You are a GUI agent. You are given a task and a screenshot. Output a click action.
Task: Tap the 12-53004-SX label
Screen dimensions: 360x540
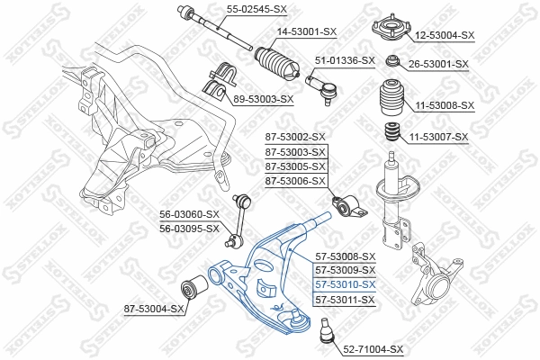click(x=444, y=35)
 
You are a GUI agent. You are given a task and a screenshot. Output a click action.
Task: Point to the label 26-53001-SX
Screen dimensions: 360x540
click(x=439, y=64)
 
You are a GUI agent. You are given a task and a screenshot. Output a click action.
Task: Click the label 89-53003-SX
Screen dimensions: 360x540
click(x=264, y=99)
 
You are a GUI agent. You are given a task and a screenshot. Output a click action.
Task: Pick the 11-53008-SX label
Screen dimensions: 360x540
click(x=444, y=105)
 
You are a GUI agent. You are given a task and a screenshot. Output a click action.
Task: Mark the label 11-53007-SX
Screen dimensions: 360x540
click(x=439, y=137)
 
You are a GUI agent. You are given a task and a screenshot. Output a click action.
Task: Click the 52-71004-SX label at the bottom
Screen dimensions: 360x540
click(x=373, y=348)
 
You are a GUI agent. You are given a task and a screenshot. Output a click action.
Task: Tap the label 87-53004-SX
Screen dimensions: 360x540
click(x=154, y=310)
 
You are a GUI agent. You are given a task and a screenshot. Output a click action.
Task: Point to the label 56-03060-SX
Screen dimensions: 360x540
click(x=189, y=214)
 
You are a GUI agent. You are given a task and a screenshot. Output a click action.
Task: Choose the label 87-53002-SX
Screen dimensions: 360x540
click(x=295, y=137)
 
